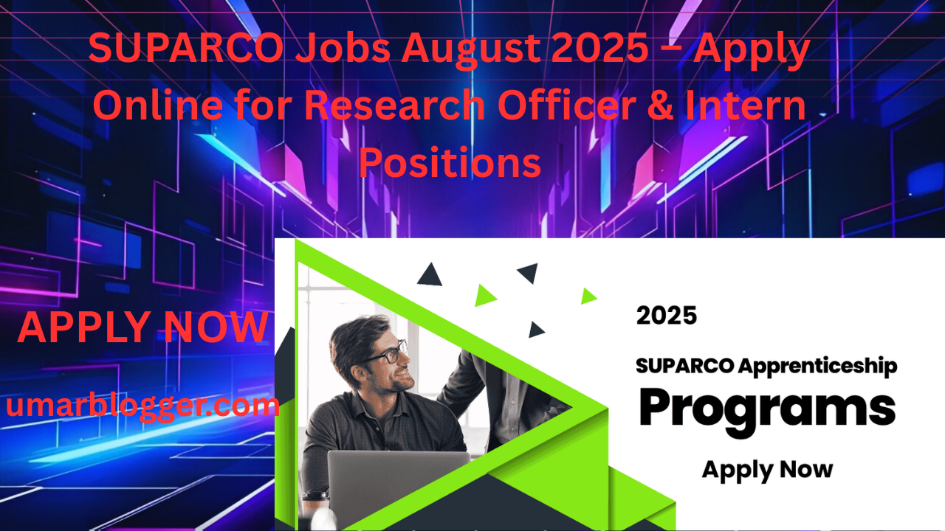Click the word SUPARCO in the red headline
pos(185,48)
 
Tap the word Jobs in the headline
pos(343,48)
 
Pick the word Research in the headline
pos(394,105)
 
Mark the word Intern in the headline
pos(745,105)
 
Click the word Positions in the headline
pos(450,162)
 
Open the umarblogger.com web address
pos(142,406)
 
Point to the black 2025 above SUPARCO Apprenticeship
pos(667,316)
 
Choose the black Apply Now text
pos(767,471)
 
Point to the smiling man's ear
pos(358,372)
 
